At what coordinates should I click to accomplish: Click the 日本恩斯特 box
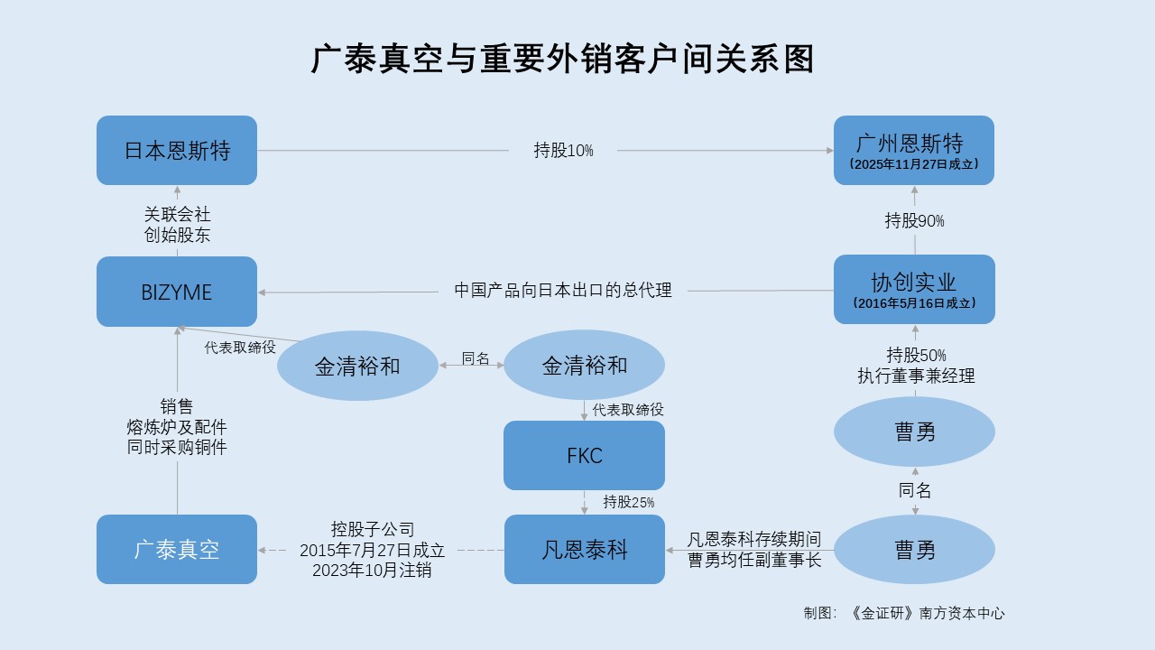point(177,150)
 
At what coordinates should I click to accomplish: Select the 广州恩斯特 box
point(914,150)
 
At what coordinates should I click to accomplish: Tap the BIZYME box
point(177,292)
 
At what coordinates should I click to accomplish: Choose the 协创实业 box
point(914,290)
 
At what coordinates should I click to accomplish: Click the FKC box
point(584,456)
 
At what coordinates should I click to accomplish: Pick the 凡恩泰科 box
point(584,550)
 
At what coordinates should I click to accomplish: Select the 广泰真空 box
point(177,550)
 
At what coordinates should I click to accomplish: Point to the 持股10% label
point(563,151)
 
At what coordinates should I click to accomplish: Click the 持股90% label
point(914,221)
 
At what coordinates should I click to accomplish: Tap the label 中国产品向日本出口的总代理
point(563,291)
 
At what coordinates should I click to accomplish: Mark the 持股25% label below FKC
point(629,502)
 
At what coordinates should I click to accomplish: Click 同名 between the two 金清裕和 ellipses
point(475,358)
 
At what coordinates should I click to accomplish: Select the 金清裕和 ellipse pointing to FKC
point(584,365)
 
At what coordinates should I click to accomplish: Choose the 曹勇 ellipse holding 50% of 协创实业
point(914,432)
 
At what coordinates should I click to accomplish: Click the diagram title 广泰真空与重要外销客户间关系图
point(562,59)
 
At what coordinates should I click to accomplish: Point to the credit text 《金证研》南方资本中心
point(927,613)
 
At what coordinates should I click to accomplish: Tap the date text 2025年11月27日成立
point(914,164)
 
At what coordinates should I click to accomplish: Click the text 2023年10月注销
point(372,570)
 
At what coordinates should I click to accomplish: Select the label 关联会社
point(177,214)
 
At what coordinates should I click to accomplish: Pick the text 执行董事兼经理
point(916,376)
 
